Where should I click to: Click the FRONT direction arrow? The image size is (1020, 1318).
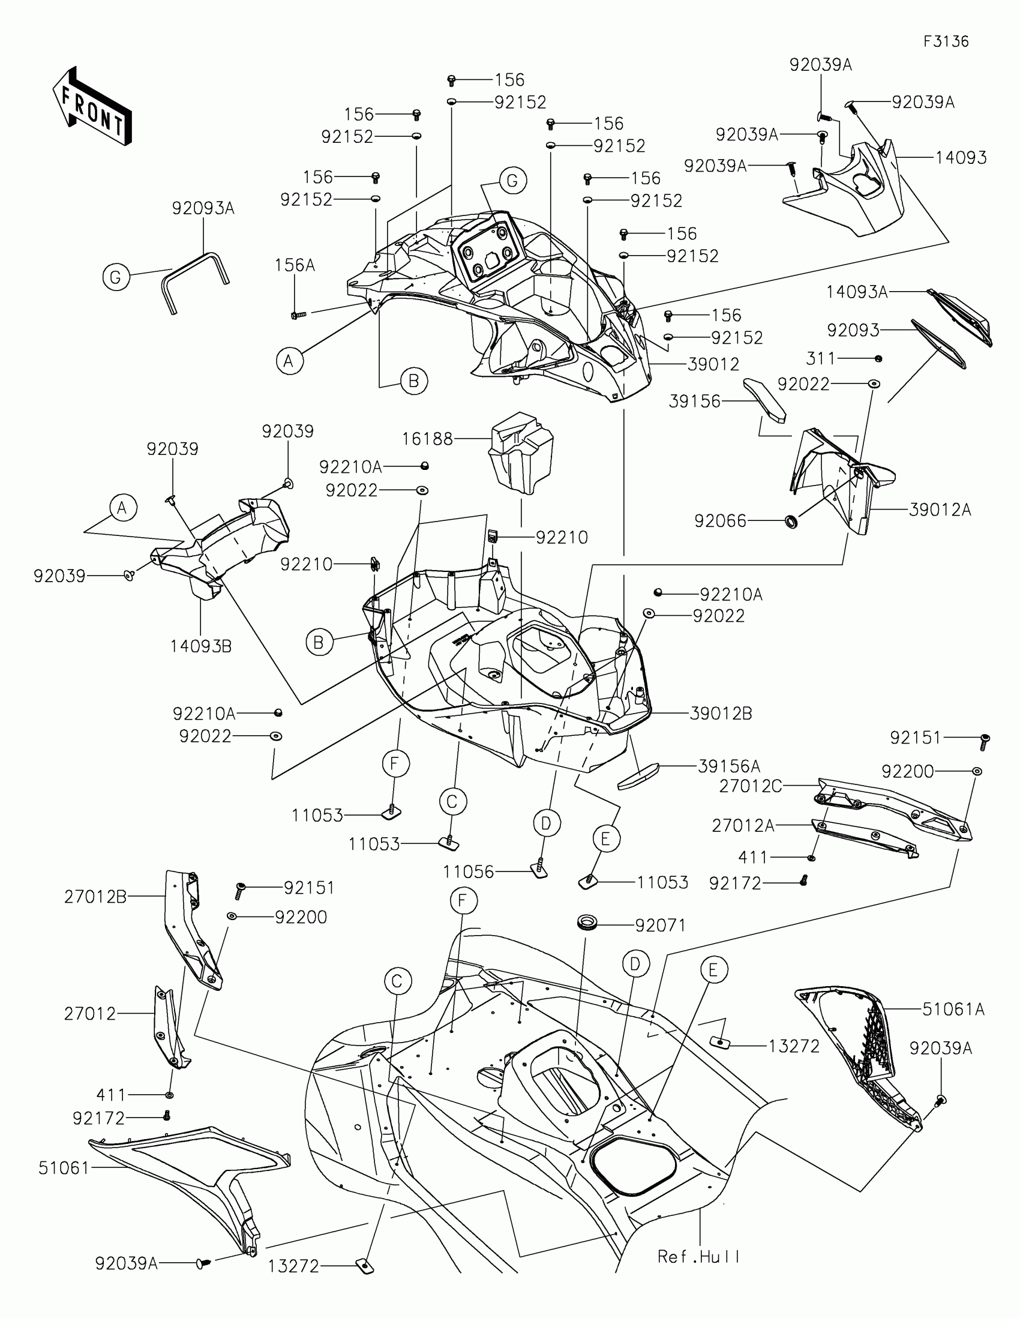click(92, 106)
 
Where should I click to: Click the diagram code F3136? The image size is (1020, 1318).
click(946, 41)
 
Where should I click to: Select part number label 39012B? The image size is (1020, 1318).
click(721, 713)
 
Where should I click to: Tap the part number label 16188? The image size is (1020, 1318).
click(427, 439)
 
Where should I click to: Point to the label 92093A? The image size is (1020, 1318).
click(203, 208)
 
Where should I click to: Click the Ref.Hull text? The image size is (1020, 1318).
click(698, 1256)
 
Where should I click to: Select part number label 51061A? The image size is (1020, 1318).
click(953, 1009)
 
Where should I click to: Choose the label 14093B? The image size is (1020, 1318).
click(201, 646)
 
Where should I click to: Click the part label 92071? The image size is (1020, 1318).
click(661, 925)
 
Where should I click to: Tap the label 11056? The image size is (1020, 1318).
click(468, 871)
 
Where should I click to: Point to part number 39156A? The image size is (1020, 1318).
click(729, 766)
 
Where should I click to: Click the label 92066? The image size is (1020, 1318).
click(720, 521)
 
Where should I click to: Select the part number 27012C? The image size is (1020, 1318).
click(751, 786)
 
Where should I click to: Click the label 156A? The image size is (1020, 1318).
click(295, 265)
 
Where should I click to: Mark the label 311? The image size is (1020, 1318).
click(821, 358)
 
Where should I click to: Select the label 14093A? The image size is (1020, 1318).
click(857, 292)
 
